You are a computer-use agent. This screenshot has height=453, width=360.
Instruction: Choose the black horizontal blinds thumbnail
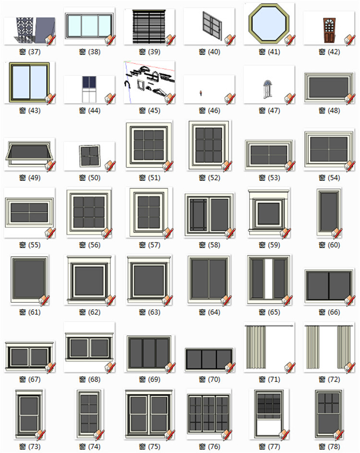(147, 27)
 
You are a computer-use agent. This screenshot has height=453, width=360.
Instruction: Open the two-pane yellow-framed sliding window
(29, 82)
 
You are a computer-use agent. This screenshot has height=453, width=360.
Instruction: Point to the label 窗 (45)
(149, 111)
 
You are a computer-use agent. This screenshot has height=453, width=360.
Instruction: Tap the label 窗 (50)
(89, 178)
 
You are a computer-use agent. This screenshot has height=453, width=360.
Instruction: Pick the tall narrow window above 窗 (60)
(329, 212)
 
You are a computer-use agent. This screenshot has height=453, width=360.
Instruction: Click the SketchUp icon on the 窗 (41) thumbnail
(289, 39)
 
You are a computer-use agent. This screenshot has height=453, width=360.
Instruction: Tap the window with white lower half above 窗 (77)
(269, 413)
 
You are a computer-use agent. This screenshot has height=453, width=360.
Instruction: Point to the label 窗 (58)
(209, 245)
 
